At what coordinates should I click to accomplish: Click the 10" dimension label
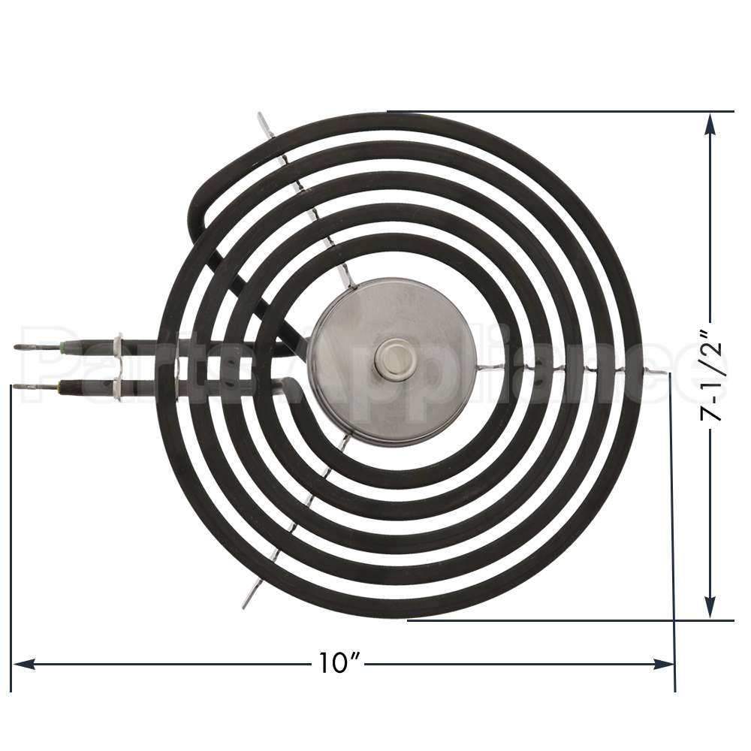[336, 663]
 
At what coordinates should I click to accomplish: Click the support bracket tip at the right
[661, 373]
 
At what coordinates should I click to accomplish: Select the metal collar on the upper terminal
[118, 347]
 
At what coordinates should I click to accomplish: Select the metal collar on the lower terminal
[118, 387]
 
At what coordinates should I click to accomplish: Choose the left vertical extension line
[11, 526]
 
